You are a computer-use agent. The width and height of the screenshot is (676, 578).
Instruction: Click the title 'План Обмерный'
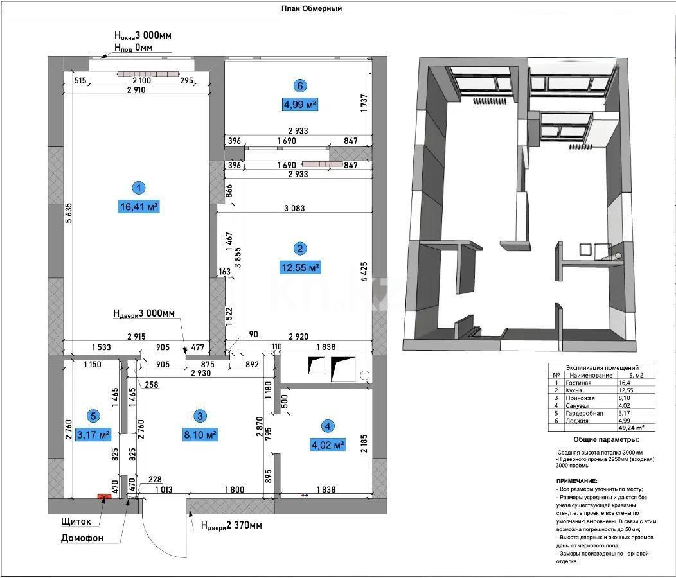click(312, 8)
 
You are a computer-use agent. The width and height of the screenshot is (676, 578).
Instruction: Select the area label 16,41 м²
click(139, 207)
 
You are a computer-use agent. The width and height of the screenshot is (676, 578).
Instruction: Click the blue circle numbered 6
click(299, 85)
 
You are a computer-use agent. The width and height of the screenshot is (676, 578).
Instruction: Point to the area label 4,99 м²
click(300, 104)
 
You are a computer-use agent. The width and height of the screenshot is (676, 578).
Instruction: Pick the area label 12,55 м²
click(299, 267)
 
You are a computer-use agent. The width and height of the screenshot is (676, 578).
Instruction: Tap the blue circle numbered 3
click(200, 416)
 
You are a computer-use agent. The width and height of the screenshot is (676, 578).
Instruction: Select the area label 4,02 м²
click(328, 444)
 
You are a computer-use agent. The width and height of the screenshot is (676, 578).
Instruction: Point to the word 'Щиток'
click(76, 521)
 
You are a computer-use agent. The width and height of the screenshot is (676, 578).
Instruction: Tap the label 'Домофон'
click(82, 538)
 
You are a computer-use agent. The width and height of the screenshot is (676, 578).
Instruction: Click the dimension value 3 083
click(294, 208)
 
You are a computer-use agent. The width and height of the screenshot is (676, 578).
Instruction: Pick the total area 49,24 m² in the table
click(631, 426)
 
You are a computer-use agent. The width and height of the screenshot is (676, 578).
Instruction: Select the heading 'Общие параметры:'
click(598, 441)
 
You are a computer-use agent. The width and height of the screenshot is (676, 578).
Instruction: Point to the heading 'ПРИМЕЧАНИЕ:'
click(577, 481)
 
